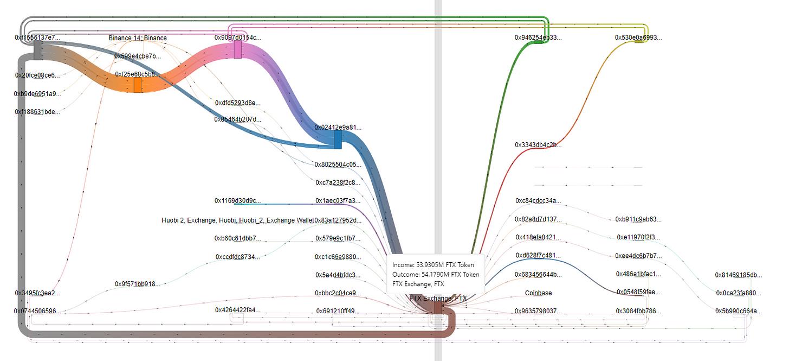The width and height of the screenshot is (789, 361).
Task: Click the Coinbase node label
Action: [538, 293]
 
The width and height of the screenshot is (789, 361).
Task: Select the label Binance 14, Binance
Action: [138, 38]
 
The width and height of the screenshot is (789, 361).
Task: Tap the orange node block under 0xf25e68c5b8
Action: [138, 85]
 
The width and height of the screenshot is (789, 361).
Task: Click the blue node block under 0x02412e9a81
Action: [338, 140]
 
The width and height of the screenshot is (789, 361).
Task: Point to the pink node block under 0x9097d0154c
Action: [237, 49]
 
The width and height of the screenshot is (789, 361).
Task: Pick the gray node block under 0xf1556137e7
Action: [38, 50]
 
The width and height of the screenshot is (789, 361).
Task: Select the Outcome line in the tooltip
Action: [436, 275]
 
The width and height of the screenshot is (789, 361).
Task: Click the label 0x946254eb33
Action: [538, 38]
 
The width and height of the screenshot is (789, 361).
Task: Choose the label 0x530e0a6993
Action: [638, 38]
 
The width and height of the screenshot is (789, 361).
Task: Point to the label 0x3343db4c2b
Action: [538, 145]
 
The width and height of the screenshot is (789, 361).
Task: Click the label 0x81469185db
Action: [738, 275]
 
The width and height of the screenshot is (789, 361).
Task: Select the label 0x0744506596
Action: [37, 312]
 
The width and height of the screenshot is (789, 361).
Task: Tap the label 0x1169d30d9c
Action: [237, 201]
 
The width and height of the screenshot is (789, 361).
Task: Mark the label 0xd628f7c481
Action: [538, 256]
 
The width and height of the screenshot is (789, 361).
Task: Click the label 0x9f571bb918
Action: [138, 284]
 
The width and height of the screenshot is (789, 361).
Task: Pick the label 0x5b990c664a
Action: [738, 312]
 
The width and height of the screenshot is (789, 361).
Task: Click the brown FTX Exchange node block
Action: [438, 308]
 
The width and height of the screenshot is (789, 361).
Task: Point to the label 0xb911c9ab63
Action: [638, 220]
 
